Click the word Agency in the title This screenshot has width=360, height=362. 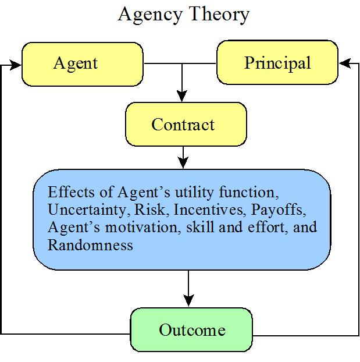coord(150,15)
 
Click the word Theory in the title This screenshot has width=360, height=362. coord(219,15)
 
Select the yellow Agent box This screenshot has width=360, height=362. coord(83,64)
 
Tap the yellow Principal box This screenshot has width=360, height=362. coord(277,62)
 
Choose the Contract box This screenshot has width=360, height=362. coord(186,124)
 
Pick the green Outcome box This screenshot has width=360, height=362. coord(191,329)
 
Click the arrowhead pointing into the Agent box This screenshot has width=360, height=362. coord(15,65)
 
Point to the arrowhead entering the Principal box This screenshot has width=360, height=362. coord(345,63)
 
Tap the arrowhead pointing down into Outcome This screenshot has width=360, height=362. coord(188,300)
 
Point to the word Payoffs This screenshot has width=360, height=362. coord(279,210)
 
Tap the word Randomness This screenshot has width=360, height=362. coord(90,244)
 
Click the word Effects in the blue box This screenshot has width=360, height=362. coord(71,192)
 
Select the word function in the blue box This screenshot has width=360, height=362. coord(249,192)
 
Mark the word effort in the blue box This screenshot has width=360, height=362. coord(268,227)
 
